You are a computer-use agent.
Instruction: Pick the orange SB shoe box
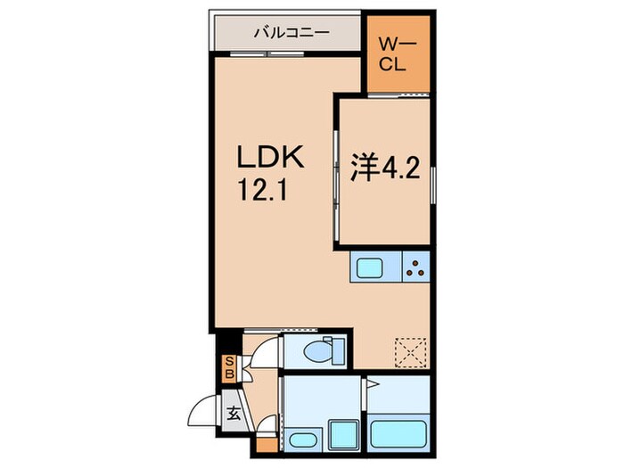(x=229, y=367)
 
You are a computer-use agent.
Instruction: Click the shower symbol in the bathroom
(x=377, y=390)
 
